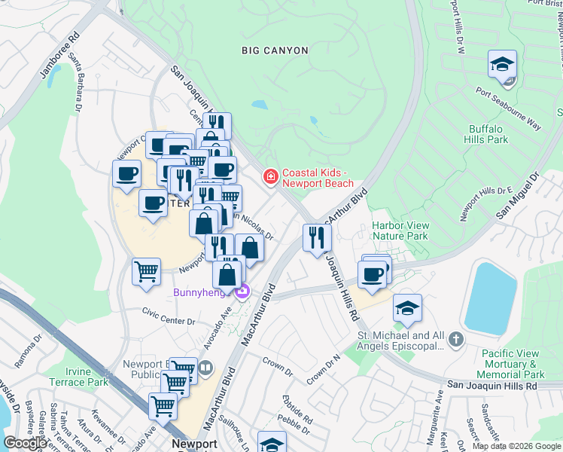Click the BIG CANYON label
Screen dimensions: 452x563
coord(275,50)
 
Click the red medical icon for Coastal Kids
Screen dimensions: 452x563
coord(269,177)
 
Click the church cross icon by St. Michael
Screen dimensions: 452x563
coord(454,341)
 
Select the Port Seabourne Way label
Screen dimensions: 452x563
coord(508,108)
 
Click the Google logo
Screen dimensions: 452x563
coord(26,443)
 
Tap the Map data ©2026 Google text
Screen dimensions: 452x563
coord(516,446)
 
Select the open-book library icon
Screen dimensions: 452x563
coord(205,368)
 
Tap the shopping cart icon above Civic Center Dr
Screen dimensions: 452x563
coord(146,270)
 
